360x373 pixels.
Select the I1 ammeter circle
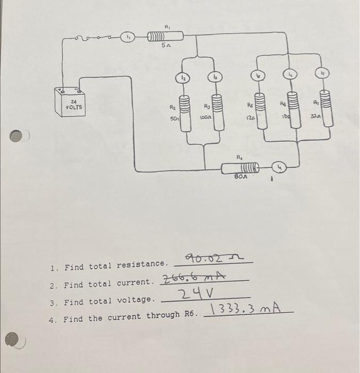(129, 37)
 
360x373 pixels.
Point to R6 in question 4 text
(190, 315)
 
